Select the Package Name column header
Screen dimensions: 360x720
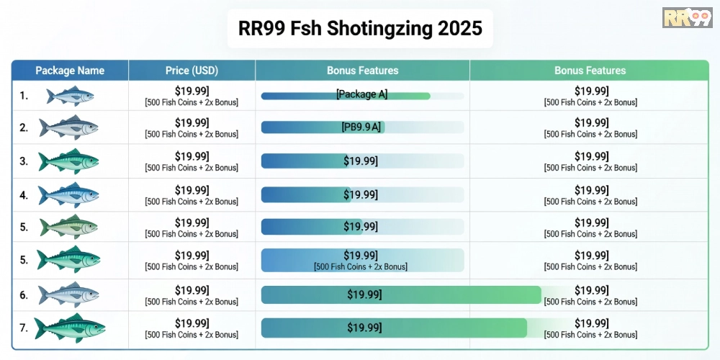point(70,71)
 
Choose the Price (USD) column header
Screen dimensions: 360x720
point(192,71)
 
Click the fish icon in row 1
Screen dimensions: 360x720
point(70,96)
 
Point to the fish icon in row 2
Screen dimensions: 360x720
point(68,128)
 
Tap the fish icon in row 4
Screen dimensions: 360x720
point(68,194)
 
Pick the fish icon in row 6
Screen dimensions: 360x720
point(68,295)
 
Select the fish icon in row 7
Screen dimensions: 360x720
point(70,328)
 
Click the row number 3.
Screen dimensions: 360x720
point(24,161)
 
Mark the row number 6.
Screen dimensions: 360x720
point(24,295)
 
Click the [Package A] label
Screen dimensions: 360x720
point(361,94)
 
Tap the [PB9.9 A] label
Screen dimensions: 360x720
point(361,127)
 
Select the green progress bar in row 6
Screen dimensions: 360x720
point(400,294)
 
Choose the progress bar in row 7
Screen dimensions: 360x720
point(393,328)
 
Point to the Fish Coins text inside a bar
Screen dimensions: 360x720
point(361,267)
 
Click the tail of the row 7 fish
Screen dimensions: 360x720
point(40,328)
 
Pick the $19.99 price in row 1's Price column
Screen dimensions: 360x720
point(192,91)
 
